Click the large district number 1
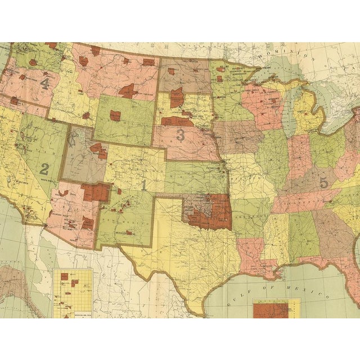144,184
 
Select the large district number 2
44,168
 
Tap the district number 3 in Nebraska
181,134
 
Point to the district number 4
45,83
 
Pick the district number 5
323,182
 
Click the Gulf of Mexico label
292,286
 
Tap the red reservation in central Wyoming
115,116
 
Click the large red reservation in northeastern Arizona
95,192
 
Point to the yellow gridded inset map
72,292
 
